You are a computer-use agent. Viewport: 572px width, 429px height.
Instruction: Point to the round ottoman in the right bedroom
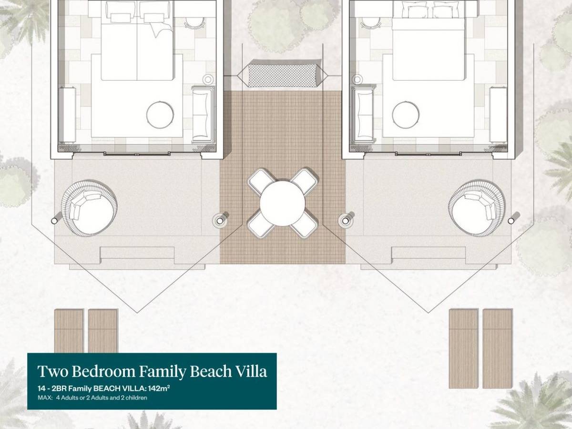pyautogui.click(x=406, y=115)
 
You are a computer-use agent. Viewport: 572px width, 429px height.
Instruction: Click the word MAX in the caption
pyautogui.click(x=43, y=398)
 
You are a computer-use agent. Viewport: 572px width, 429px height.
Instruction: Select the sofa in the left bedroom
pyautogui.click(x=201, y=114)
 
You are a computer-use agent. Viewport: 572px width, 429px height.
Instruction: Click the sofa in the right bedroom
pyautogui.click(x=363, y=114)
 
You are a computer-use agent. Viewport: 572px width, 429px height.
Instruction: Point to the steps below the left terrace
pyautogui.click(x=137, y=253)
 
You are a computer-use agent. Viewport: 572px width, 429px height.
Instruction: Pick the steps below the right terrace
pyautogui.click(x=428, y=253)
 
